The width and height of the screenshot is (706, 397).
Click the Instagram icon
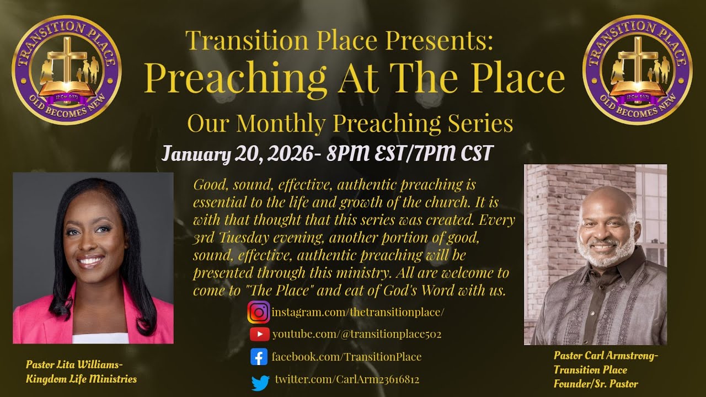(258, 312)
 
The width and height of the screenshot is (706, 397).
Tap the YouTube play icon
(259, 334)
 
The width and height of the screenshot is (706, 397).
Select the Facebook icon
(259, 357)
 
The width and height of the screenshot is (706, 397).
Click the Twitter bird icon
(260, 381)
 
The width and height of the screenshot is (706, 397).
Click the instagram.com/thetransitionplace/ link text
(358, 312)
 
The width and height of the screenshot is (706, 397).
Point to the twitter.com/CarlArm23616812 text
(347, 380)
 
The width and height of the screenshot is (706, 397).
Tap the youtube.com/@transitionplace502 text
(356, 334)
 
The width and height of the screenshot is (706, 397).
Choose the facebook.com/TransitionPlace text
(346, 357)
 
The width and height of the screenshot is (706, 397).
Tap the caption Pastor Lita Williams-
(74, 364)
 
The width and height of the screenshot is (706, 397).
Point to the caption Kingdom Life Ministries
(81, 379)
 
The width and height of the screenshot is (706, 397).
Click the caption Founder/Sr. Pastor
(596, 384)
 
